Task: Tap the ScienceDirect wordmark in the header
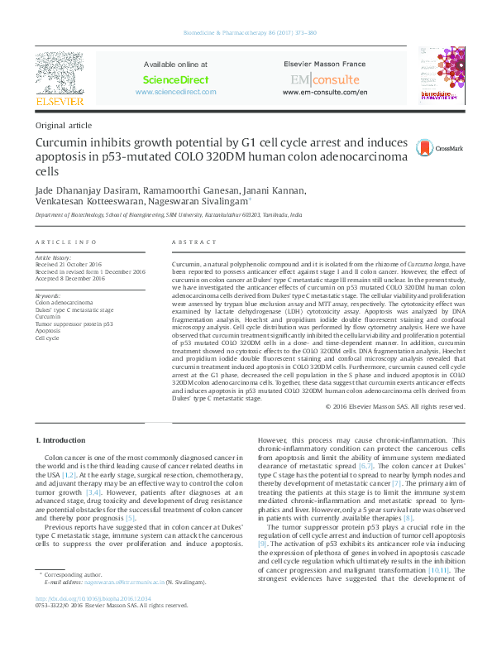coord(175,79)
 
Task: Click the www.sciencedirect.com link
coord(175,92)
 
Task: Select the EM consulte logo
coord(324,79)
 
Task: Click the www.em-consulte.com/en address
coord(324,92)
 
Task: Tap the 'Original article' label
coord(63,125)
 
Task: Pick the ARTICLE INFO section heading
coord(65,242)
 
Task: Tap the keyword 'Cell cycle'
coord(47,338)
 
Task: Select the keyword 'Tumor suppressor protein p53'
coord(74,324)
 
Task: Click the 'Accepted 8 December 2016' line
coord(70,278)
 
